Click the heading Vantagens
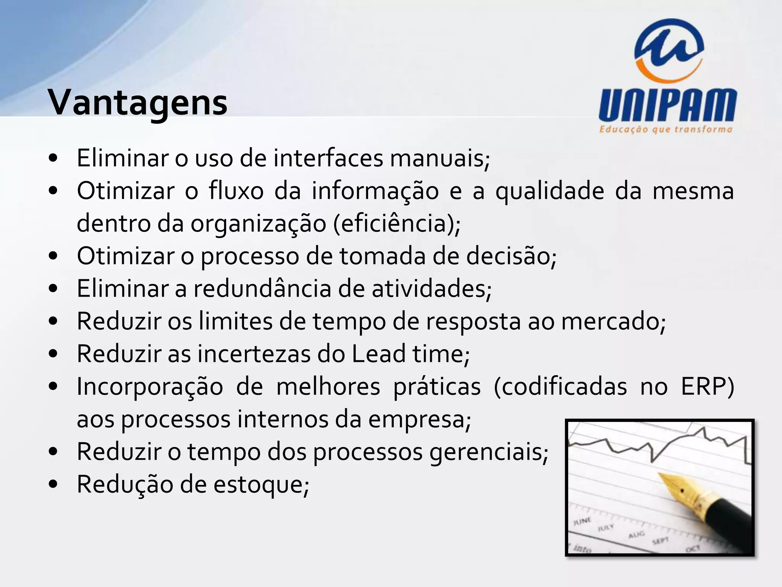click(x=137, y=102)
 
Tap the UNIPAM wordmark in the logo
click(x=667, y=105)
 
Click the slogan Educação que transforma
click(x=666, y=129)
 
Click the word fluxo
click(x=236, y=191)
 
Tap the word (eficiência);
click(x=397, y=224)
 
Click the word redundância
click(x=262, y=289)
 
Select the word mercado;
click(x=613, y=321)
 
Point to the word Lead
click(x=378, y=354)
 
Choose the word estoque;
click(x=261, y=485)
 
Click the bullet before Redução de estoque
click(x=53, y=485)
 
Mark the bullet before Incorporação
click(x=53, y=386)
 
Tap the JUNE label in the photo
click(x=582, y=521)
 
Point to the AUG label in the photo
click(x=637, y=535)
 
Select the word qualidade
click(x=549, y=191)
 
